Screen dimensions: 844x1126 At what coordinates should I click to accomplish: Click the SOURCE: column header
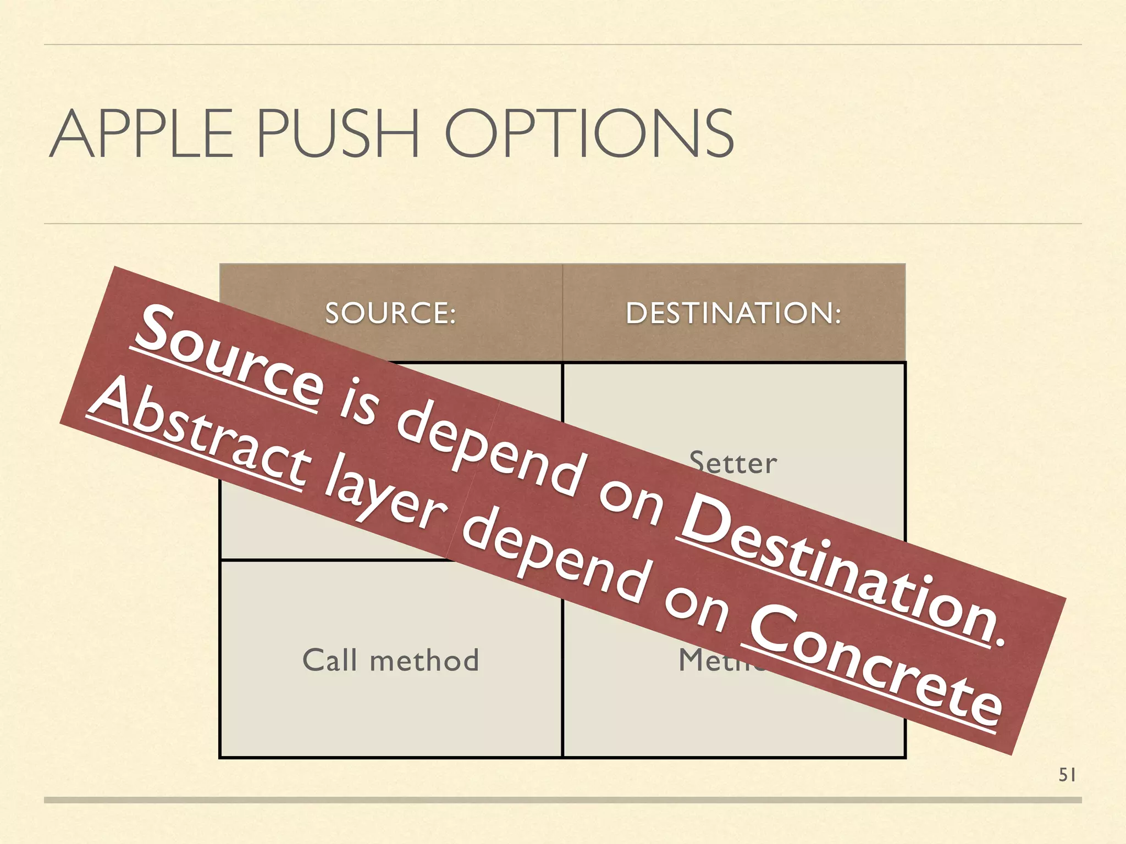[x=390, y=313]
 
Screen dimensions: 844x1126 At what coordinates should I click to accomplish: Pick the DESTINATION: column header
[x=733, y=313]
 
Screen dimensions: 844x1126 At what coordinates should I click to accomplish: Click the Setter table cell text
[x=733, y=463]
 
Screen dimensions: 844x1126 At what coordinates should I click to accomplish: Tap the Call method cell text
[x=390, y=660]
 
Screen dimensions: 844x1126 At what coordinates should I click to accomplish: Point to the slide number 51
[x=1067, y=775]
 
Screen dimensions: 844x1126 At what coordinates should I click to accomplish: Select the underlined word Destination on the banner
[x=836, y=571]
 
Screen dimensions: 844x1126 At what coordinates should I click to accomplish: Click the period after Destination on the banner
[x=1001, y=640]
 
